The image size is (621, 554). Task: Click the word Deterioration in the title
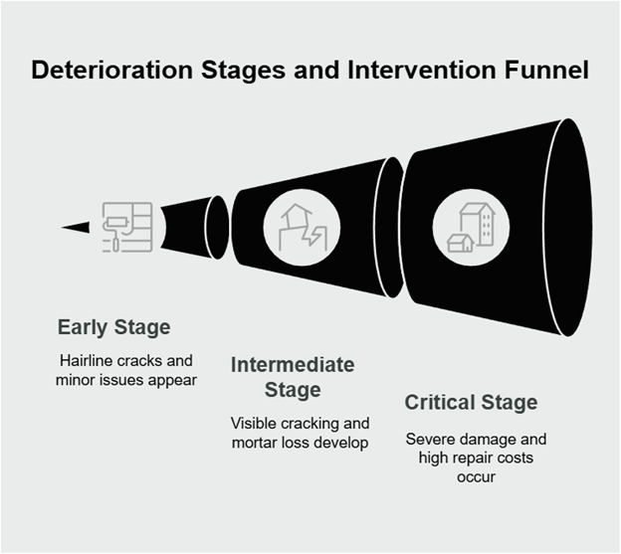112,70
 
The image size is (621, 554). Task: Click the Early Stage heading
114,327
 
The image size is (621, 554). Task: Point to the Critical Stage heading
471,403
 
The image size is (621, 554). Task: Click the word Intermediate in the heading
293,364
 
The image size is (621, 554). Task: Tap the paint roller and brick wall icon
127,227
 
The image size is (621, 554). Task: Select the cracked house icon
304,227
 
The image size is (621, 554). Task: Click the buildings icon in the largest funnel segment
471,228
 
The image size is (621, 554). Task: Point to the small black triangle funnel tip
76,227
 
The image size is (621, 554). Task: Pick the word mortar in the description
254,443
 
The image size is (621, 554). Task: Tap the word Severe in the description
430,440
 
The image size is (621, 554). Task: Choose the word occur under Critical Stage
476,477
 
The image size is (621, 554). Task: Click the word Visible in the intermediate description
253,424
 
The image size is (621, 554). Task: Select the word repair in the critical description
468,459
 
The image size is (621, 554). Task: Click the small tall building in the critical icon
478,224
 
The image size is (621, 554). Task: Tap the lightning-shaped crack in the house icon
312,236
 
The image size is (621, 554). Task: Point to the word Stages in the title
243,70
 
